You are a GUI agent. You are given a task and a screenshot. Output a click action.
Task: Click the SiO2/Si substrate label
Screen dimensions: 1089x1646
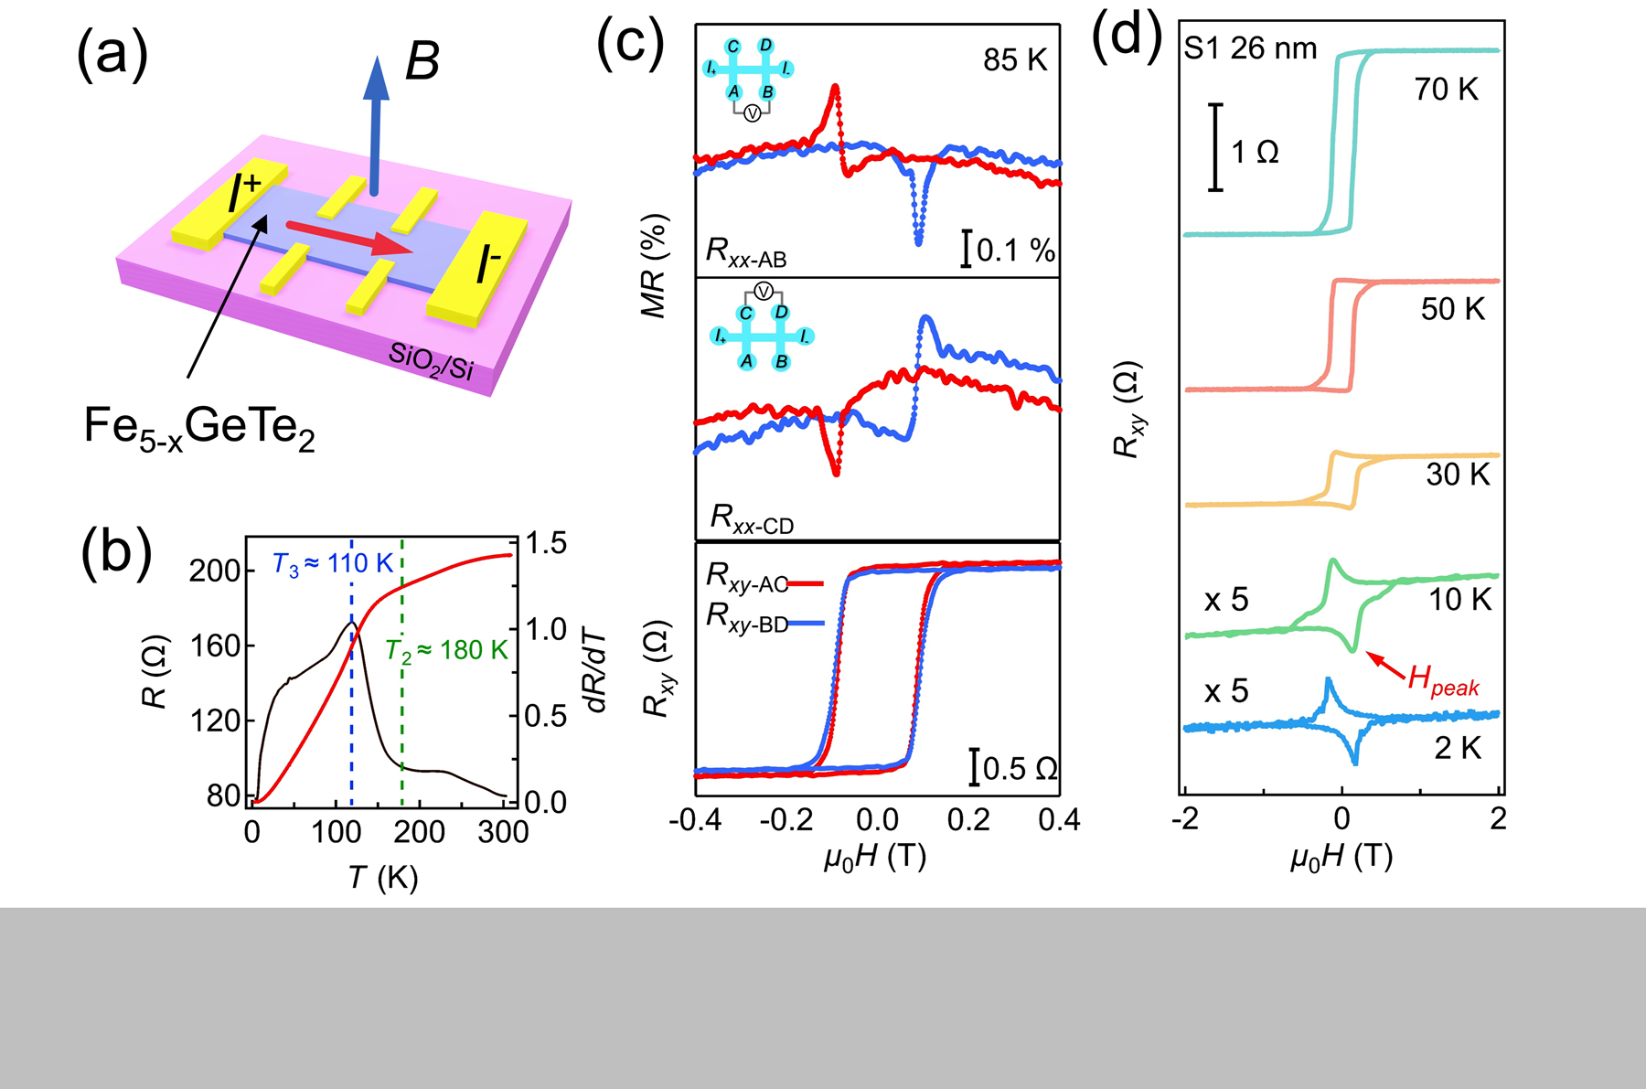[x=431, y=360]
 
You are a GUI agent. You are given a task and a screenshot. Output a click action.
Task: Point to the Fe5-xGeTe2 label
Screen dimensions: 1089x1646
[x=198, y=428]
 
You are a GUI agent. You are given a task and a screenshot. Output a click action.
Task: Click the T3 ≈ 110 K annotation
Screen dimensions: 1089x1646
[x=333, y=564]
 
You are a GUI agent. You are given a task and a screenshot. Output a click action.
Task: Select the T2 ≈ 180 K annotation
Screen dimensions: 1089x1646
[x=445, y=651]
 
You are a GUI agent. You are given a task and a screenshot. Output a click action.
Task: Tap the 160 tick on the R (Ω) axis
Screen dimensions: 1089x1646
[x=215, y=646]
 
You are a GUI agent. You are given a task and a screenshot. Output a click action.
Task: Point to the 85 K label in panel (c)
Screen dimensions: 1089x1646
[x=1014, y=60]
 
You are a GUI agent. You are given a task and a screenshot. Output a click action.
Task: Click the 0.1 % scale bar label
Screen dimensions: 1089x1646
[x=1016, y=251]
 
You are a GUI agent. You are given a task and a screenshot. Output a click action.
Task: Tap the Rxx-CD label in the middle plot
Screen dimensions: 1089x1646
[x=752, y=519]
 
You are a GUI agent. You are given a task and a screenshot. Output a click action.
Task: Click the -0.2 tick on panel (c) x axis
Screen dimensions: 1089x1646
[x=786, y=820]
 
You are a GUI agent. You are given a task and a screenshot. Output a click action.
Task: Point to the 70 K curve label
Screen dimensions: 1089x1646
[x=1446, y=90]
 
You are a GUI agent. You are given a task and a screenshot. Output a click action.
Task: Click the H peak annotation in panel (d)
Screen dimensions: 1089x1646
[x=1443, y=681]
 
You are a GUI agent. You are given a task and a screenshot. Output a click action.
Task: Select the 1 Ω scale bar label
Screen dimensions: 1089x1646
[x=1255, y=152]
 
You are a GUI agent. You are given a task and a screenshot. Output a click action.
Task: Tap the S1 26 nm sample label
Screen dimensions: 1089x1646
[x=1250, y=48]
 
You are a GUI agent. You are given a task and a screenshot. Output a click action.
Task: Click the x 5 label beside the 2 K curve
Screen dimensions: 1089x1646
[x=1226, y=691]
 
